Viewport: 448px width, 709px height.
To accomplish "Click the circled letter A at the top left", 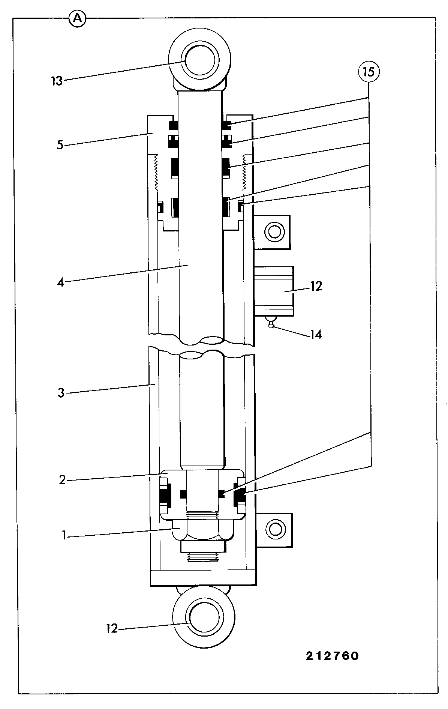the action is point(78,18).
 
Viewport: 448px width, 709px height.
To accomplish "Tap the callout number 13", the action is point(57,81).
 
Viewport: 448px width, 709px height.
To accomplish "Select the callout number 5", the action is point(60,145).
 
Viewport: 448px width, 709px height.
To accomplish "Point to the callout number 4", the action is point(60,282).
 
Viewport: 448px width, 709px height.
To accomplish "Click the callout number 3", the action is point(61,393).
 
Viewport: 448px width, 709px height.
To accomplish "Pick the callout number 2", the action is point(62,480).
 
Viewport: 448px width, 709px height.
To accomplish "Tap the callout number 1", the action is point(64,536).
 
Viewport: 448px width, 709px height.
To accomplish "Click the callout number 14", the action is point(315,334).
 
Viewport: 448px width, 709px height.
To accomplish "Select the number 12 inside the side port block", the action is point(316,286).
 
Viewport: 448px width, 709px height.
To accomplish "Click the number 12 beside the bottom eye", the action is point(112,629).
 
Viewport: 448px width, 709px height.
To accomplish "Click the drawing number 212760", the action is point(332,656).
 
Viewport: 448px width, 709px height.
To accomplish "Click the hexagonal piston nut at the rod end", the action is point(203,530).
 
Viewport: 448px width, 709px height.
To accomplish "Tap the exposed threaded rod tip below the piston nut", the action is point(203,557).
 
